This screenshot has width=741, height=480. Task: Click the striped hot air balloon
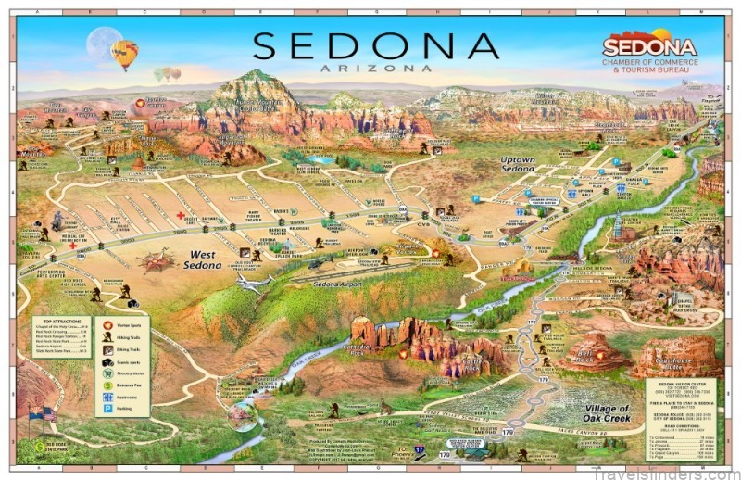click(x=123, y=54)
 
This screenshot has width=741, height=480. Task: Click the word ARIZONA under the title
click(x=375, y=68)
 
